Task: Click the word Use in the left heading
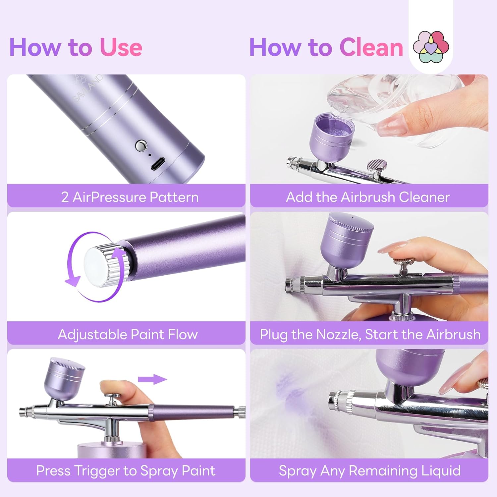point(121,47)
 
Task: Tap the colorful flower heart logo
point(431,47)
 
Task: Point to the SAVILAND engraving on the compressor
point(88,88)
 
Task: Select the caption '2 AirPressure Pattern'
point(130,197)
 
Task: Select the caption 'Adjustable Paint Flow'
point(128,334)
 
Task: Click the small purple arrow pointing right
point(152,380)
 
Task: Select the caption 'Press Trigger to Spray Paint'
point(126,471)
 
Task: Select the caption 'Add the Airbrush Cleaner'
point(368,197)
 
